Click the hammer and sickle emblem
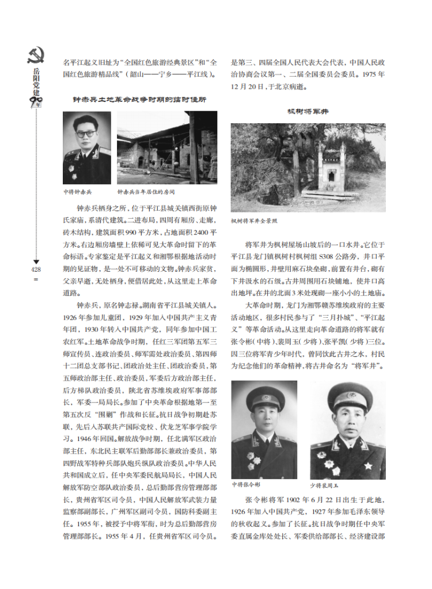pos(36,55)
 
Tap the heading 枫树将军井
pos(308,111)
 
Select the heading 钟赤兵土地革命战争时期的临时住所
pos(139,100)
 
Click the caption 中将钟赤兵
pos(77,191)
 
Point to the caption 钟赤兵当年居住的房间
pos(145,191)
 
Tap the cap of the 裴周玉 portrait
pos(350,397)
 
